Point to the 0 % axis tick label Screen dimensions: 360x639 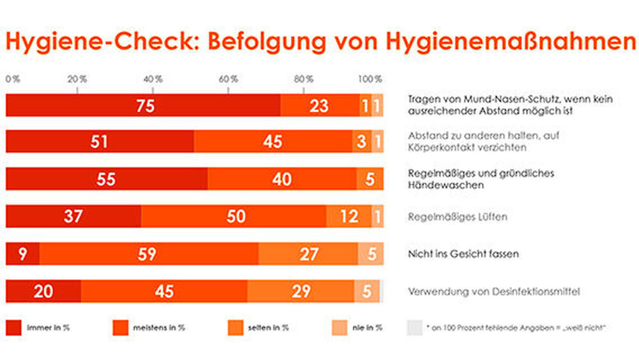(13, 79)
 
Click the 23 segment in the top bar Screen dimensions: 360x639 (319, 106)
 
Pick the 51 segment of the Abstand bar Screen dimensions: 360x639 (100, 142)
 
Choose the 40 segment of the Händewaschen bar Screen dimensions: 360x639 (282, 179)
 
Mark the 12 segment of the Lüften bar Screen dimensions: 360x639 (349, 217)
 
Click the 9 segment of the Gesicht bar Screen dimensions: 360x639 (22, 254)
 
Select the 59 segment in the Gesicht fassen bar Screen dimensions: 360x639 (149, 254)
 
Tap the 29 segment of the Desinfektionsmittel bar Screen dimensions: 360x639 (300, 291)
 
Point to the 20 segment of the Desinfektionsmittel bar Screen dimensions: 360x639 (43, 291)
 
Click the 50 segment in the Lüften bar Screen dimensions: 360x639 (234, 217)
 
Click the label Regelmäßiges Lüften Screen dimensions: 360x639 (458, 217)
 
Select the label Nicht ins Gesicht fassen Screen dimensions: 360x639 (463, 254)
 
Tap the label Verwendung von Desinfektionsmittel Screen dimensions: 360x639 (494, 292)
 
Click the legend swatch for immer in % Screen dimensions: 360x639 (13, 327)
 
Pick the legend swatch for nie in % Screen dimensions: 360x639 (339, 327)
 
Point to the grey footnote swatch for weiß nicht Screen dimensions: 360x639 (414, 327)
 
